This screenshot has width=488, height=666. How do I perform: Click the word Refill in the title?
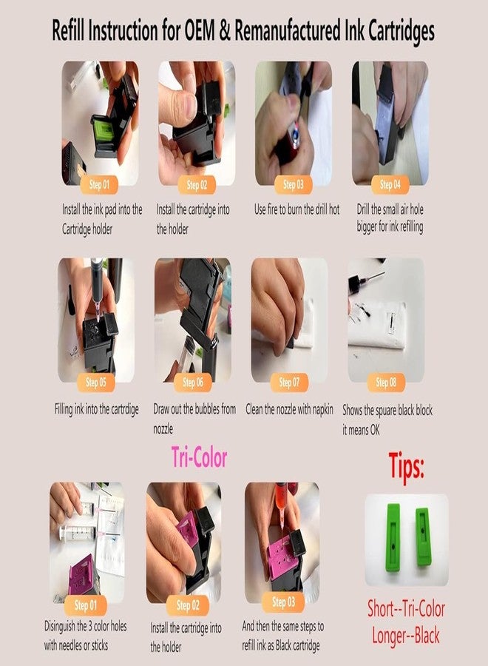click(x=72, y=32)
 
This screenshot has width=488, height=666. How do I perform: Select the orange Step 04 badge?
click(x=386, y=184)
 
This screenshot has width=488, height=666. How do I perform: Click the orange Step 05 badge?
click(x=96, y=382)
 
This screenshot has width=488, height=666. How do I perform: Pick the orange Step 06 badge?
click(x=193, y=382)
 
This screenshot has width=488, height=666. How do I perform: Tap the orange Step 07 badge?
click(x=289, y=382)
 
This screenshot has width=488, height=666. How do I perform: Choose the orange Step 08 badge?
click(x=386, y=382)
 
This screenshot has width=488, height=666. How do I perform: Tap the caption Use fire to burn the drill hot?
click(x=296, y=209)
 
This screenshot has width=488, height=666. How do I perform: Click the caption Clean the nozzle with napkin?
click(x=289, y=408)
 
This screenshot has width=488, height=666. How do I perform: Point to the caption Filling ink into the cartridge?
click(x=96, y=408)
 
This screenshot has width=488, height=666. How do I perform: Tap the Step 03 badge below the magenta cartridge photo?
click(x=283, y=602)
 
